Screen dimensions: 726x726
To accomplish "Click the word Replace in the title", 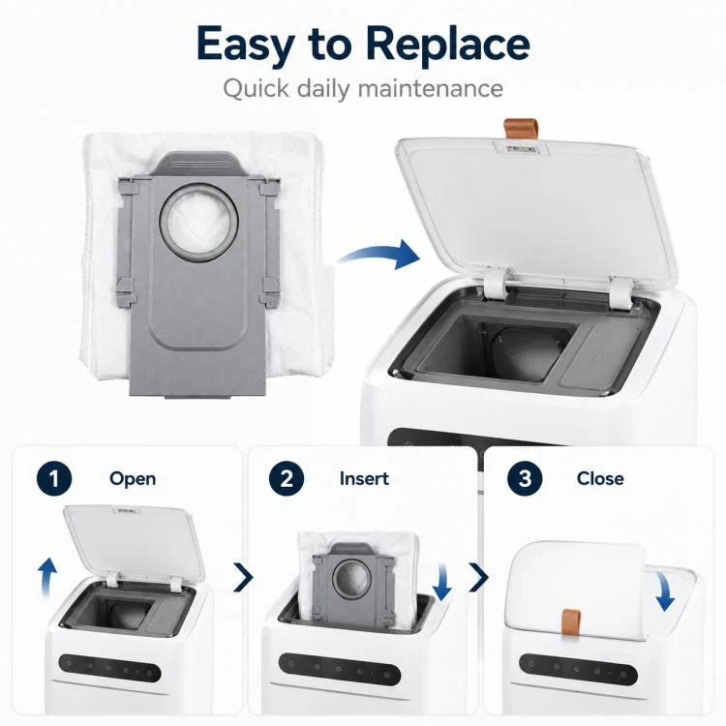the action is (447, 45).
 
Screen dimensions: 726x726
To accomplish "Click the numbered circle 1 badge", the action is (54, 478).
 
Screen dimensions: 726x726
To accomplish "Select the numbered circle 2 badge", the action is (287, 478).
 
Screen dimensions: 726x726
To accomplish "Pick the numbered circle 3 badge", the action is (525, 478).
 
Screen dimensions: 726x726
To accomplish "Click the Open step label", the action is (133, 479).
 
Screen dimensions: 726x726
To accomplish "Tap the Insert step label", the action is (364, 478).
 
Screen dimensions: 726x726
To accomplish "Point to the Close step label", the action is (600, 478).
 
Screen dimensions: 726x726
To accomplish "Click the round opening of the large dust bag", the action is (198, 222).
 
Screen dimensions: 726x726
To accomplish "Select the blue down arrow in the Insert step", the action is (442, 582).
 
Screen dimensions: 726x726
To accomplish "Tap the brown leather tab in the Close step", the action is (571, 622).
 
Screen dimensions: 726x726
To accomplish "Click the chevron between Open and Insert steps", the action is (244, 577).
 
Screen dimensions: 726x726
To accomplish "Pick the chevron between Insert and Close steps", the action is (479, 577).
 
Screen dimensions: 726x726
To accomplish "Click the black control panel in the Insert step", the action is (340, 669).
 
